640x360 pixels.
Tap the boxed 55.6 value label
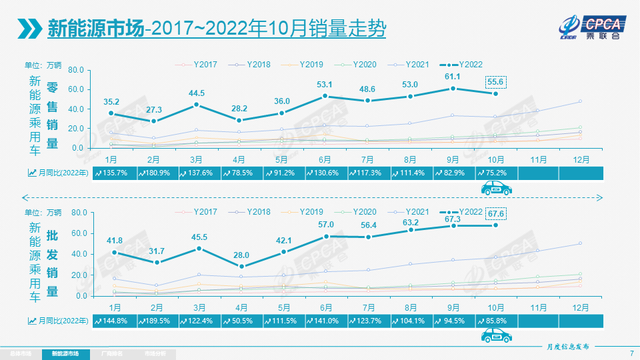[495, 82]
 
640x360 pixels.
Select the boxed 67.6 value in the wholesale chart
[495, 213]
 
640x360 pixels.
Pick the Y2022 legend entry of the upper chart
[464, 65]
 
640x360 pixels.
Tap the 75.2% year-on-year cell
[496, 173]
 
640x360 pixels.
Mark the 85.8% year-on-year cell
[496, 321]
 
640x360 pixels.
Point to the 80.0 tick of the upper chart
[75, 70]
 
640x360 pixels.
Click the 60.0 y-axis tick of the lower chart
[75, 233]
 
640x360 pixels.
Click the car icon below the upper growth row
[497, 189]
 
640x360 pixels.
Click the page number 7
[631, 353]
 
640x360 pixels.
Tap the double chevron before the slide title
[31, 29]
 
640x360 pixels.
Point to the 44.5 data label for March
[197, 93]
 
